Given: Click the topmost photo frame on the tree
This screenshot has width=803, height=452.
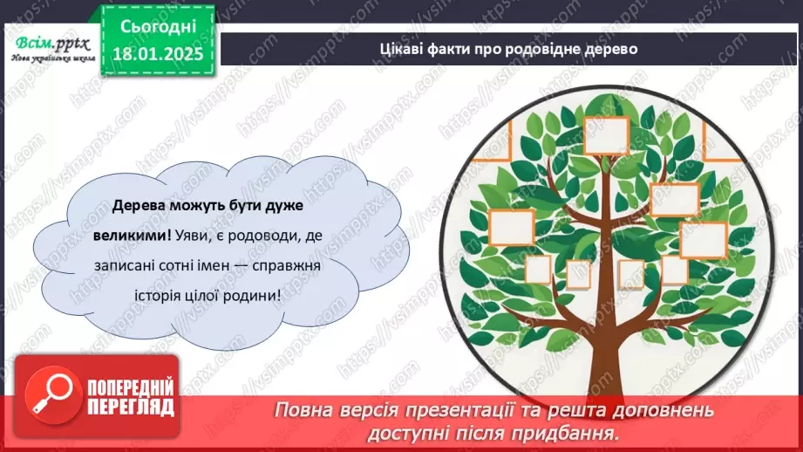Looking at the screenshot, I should point(607,134).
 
